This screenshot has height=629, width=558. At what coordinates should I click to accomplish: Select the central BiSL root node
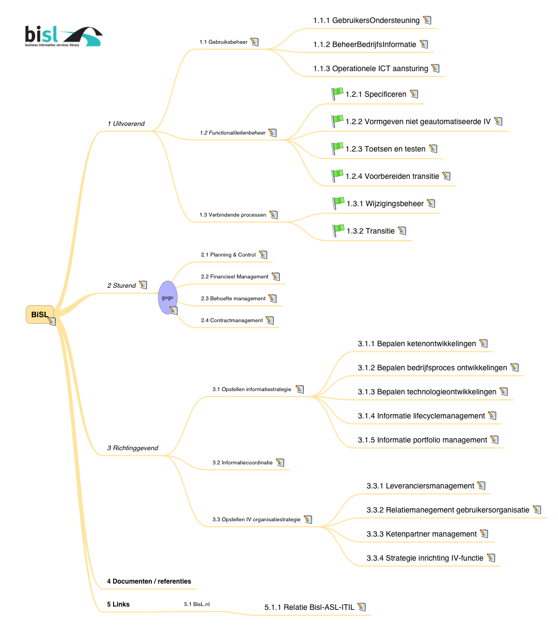[x=39, y=314]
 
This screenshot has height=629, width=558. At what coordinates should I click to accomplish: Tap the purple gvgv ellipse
[x=167, y=297]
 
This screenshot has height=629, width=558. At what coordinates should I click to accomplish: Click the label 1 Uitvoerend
[x=126, y=124]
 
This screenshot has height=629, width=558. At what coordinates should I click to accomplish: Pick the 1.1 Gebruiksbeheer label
[x=224, y=42]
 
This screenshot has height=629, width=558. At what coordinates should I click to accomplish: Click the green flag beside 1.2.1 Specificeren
[x=337, y=94]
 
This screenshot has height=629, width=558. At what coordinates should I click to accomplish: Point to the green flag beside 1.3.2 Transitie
[x=338, y=231]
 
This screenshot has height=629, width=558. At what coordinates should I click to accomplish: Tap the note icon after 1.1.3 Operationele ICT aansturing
[x=436, y=68]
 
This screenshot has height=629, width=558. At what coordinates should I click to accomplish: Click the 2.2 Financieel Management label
[x=234, y=277]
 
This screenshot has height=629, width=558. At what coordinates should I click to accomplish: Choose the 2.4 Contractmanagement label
[x=232, y=321]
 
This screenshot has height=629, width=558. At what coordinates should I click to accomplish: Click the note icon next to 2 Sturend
[x=143, y=285]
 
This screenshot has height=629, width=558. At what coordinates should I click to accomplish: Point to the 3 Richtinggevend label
[x=133, y=448]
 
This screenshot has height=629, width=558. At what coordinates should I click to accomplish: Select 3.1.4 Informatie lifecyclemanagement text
[x=421, y=416]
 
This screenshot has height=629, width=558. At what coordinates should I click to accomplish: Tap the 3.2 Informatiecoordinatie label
[x=243, y=463]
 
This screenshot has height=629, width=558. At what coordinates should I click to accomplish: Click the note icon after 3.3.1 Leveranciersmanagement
[x=481, y=485]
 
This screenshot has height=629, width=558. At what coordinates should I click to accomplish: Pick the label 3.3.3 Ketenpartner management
[x=421, y=534]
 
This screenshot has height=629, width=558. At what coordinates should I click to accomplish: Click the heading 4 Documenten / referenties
[x=149, y=581]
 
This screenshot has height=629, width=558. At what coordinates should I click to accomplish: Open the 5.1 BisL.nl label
[x=197, y=604]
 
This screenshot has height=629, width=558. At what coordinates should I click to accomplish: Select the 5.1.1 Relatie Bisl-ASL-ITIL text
[x=309, y=607]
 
